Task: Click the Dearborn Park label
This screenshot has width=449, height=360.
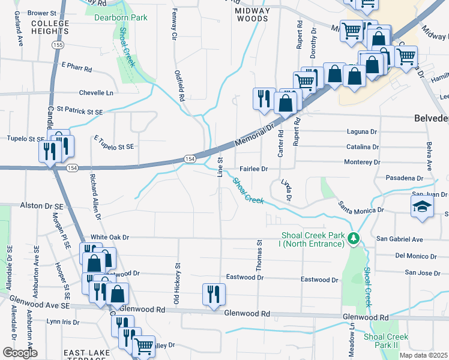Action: coord(121,17)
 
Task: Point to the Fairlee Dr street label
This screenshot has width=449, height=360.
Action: coord(253,169)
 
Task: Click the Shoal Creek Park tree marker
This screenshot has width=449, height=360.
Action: coord(355,239)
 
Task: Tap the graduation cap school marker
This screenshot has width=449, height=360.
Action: coord(422,207)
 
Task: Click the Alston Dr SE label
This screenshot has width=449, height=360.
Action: coord(41,206)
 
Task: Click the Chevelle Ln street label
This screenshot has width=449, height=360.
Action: coord(96,93)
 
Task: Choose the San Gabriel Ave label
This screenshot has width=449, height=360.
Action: coord(400,239)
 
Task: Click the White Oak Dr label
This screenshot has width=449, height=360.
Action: coord(109,238)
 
